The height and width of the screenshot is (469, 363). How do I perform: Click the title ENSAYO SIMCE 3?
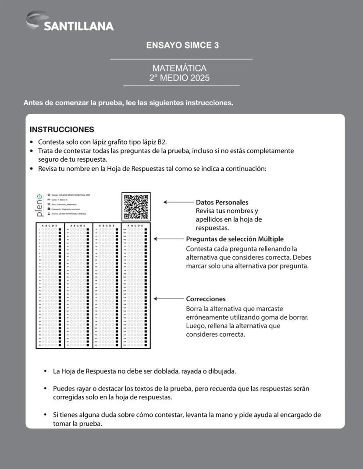[x=182, y=46]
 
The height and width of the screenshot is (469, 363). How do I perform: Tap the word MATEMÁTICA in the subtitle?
[x=179, y=68]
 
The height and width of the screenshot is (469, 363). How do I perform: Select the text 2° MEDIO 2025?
[x=179, y=78]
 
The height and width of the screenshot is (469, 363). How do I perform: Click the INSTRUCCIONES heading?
[x=62, y=130]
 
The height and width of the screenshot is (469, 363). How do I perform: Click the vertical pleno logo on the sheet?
[x=40, y=205]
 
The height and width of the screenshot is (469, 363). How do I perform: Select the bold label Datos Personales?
[x=222, y=202]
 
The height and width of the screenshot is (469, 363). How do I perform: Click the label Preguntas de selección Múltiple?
[x=235, y=239]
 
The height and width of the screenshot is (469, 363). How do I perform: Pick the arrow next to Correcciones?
[x=168, y=299]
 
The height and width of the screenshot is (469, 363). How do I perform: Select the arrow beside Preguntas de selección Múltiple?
[x=168, y=239]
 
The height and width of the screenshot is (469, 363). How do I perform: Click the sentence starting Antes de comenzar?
[x=128, y=103]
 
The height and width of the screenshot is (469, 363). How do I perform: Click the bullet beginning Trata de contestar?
[x=166, y=155]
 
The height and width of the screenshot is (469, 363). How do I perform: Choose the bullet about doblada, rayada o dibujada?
[x=144, y=371]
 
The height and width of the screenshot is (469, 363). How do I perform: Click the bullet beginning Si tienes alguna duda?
[x=187, y=419]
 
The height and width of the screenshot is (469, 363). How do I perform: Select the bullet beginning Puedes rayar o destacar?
[x=183, y=393]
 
